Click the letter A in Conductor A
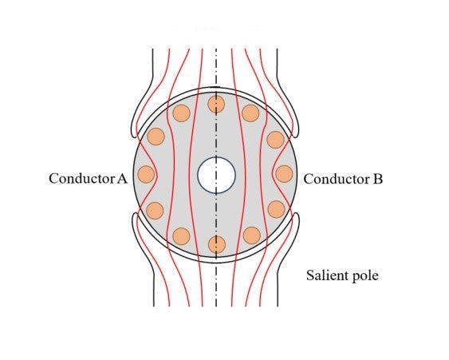coord(122,179)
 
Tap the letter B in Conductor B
coord(377,179)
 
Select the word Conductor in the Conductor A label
coord(82,178)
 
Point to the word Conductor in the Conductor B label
coord(337,179)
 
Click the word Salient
coord(325,275)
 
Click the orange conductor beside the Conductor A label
coord(146,174)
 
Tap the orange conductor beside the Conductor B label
coord(284,174)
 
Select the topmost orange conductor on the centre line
coord(216,104)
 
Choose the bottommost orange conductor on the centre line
coord(217,244)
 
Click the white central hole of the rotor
coord(216,175)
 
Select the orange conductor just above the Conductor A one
coord(156,136)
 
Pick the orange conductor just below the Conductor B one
coord(277,209)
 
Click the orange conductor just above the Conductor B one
coord(275,140)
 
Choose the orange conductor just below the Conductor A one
coord(155,211)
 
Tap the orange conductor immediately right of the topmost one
coord(250,113)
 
